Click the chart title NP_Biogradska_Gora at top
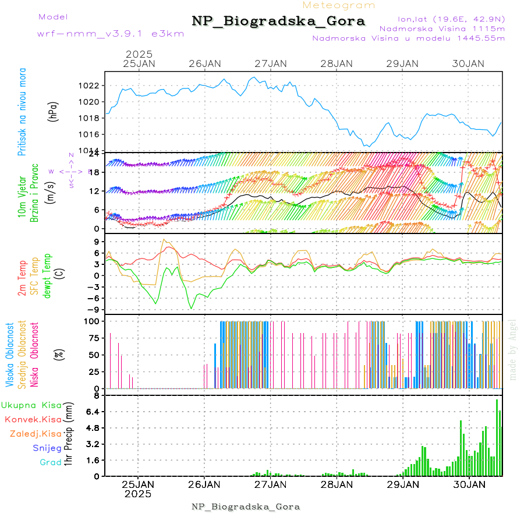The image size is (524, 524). coord(278,22)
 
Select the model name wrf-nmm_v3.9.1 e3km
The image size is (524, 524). coord(111,33)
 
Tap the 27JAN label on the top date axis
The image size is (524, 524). coord(271,63)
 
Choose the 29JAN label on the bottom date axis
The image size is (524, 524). coord(403,484)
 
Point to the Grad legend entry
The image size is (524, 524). coord(51,463)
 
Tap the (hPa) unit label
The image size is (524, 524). coord(52,111)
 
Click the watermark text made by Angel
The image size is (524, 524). coord(513,349)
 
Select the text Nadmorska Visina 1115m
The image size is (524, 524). coord(442,28)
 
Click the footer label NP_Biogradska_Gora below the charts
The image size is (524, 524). coord(246,507)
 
